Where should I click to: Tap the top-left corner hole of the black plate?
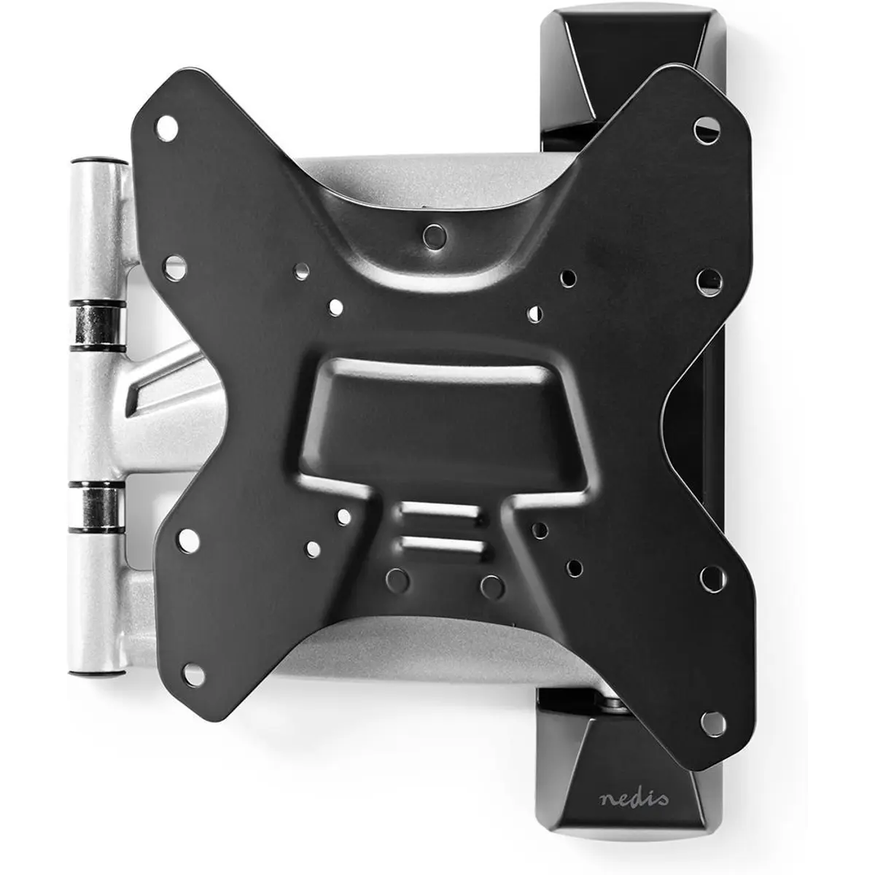[x=167, y=128]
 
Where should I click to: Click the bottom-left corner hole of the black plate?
[x=194, y=676]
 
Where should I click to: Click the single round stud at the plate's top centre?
[x=434, y=236]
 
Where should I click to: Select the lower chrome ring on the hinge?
[x=97, y=507]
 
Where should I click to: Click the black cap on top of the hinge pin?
[x=98, y=160]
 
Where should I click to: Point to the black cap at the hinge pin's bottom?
[x=97, y=674]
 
